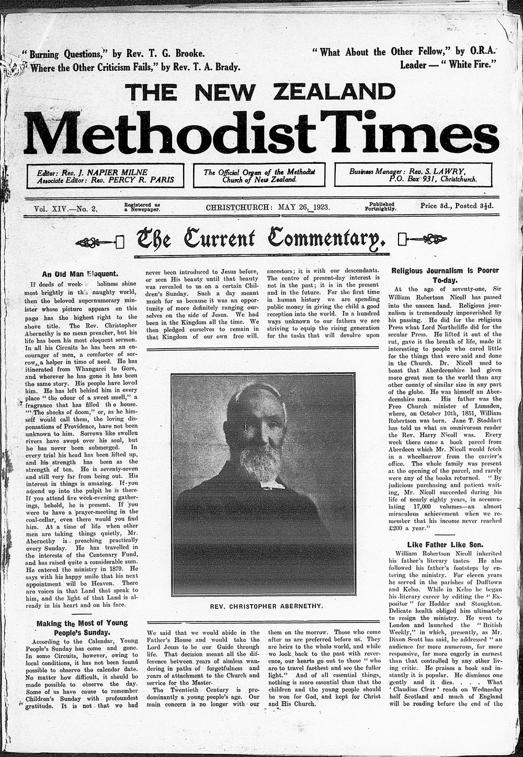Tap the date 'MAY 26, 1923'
pyautogui.click(x=303, y=207)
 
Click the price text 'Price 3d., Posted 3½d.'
pyautogui.click(x=457, y=206)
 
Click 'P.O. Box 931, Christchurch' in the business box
pyautogui.click(x=432, y=179)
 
